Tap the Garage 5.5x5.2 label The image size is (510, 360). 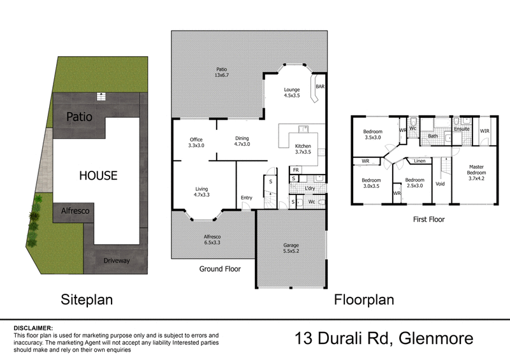pos(291,248)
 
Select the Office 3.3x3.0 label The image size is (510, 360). pos(196,143)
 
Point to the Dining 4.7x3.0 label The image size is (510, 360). pos(242,141)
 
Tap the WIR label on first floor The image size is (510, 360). pos(484,131)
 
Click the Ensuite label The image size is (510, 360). pos(462,129)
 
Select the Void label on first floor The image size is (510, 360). pos(440,184)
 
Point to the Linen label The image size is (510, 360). pos(419,161)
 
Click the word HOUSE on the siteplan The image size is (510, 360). pos(98,175)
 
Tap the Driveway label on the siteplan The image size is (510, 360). pos(116,260)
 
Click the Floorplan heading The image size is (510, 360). pos(364,299)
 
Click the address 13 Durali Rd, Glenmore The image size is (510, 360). pos(384,338)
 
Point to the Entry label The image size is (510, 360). pos(246,198)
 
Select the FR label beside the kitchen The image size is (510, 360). pos(296,170)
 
